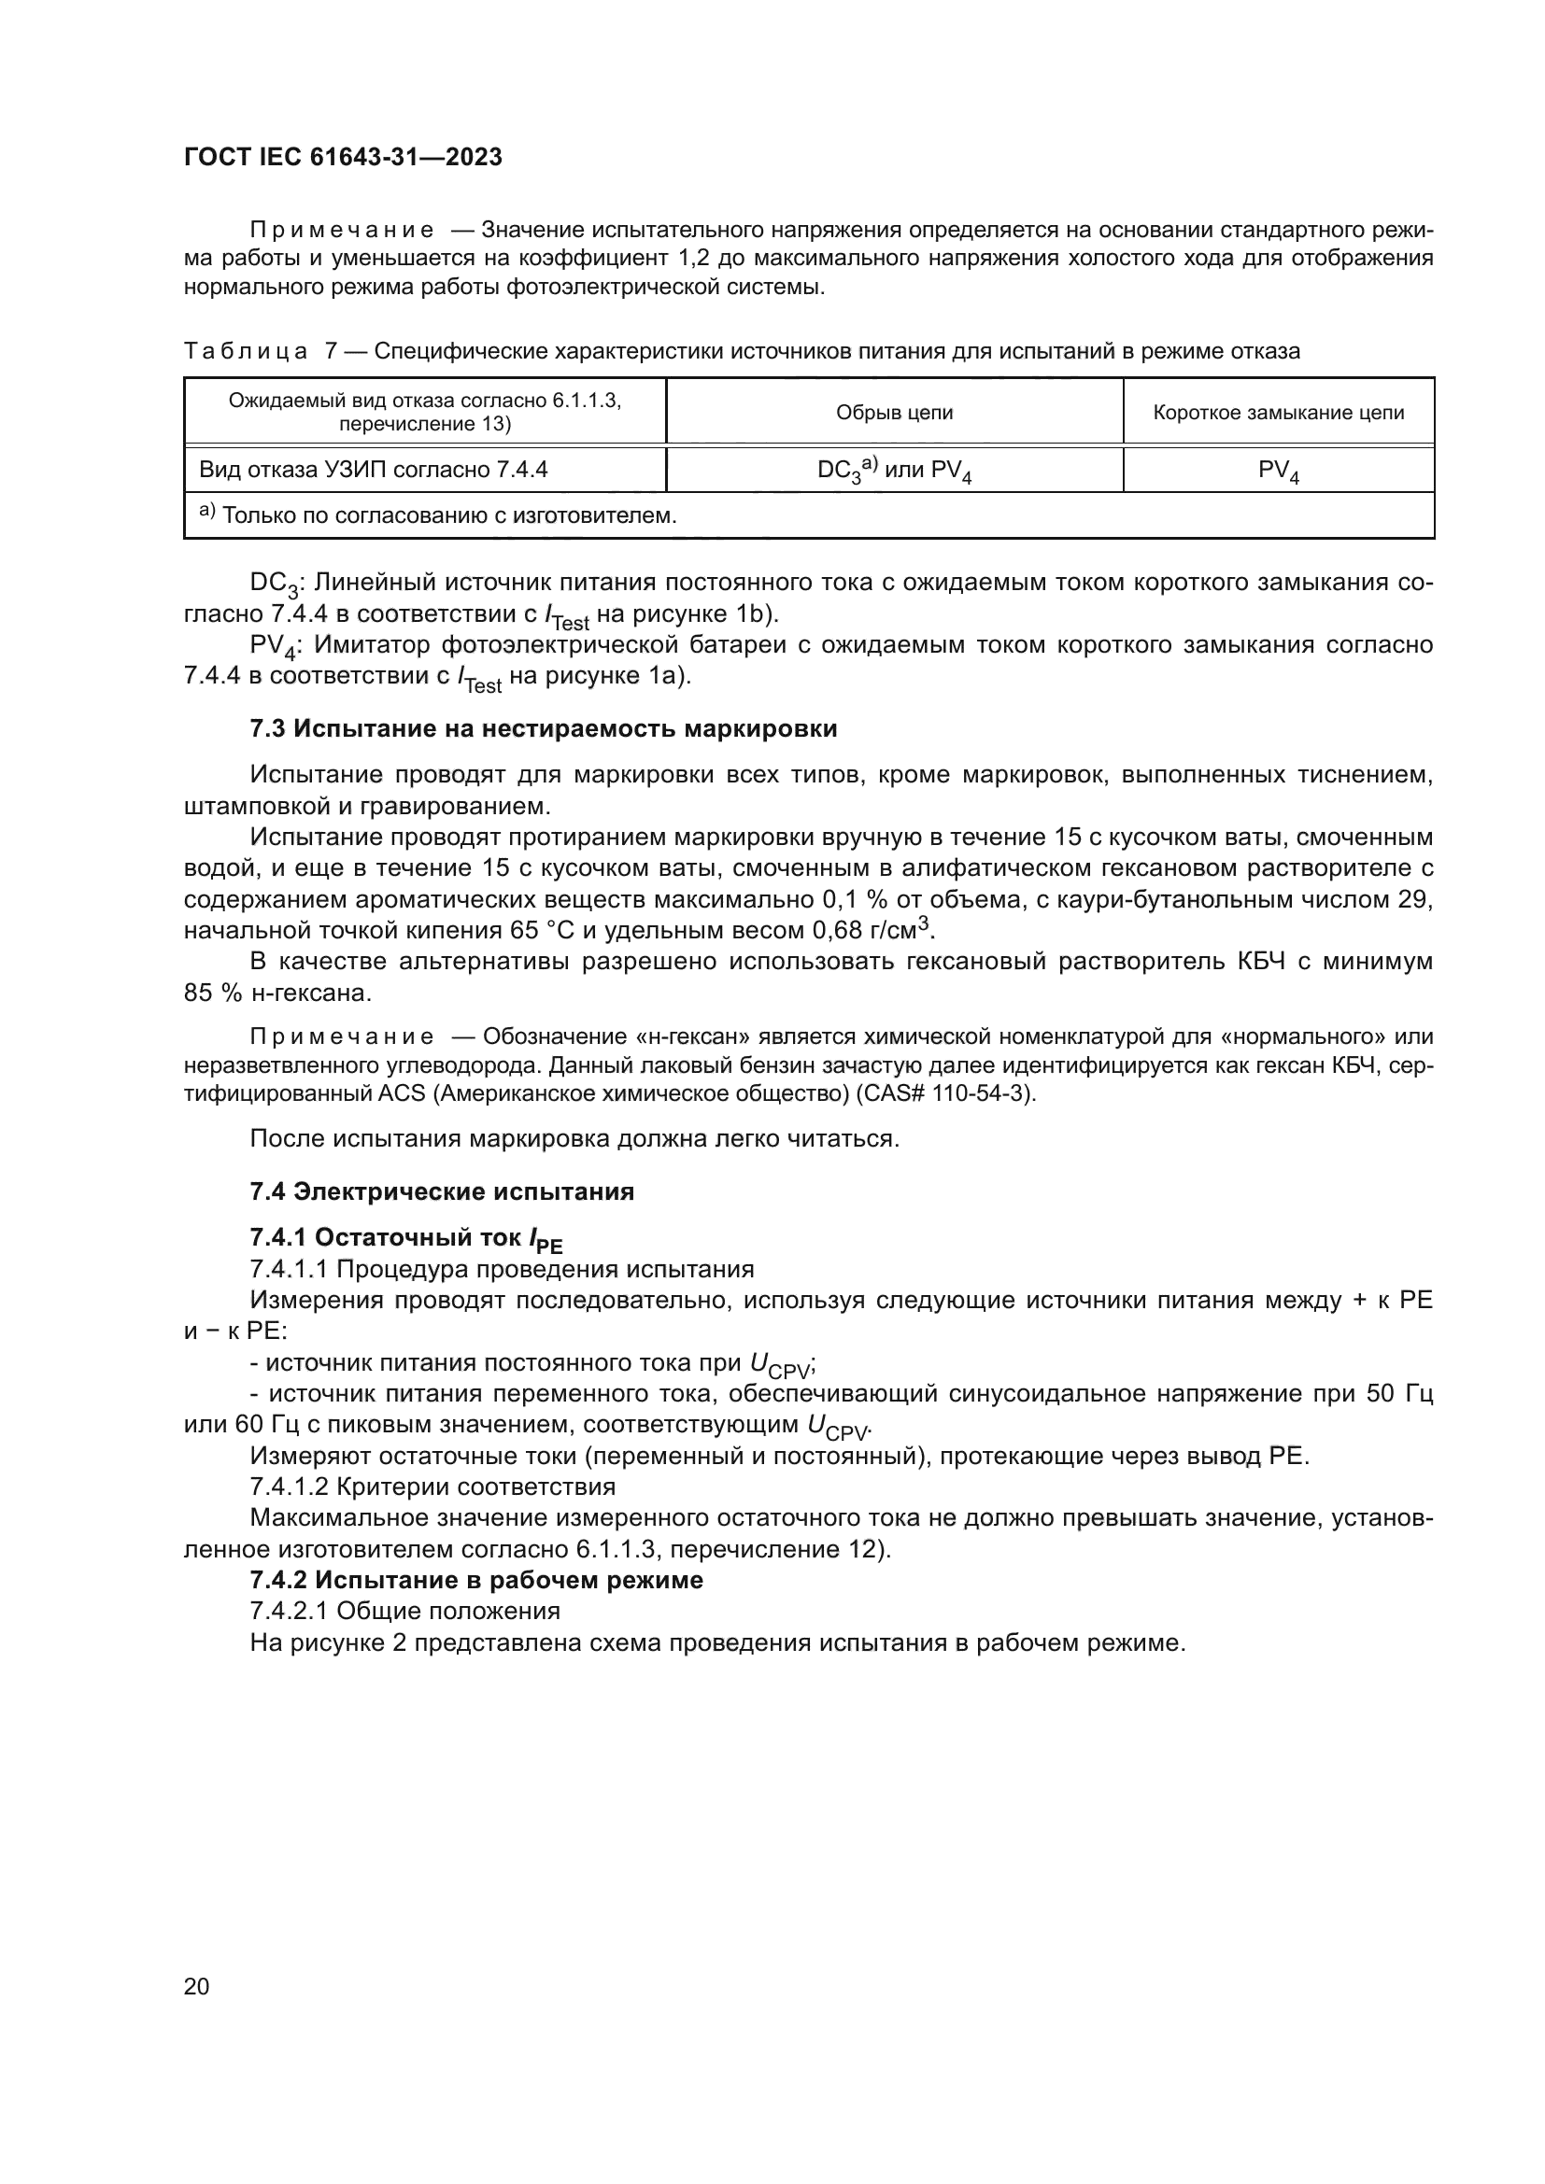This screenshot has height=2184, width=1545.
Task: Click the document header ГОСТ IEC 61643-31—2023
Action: pos(343,157)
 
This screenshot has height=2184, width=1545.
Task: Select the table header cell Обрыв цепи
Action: pos(893,412)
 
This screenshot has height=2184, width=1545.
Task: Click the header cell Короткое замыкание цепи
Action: pos(1278,412)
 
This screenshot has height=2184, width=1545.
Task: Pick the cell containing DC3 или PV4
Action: pos(893,470)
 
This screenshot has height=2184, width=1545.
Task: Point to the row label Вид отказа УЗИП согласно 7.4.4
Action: pos(373,470)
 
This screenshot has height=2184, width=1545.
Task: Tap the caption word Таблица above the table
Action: pos(245,352)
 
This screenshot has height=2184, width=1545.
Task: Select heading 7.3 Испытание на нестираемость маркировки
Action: pos(544,729)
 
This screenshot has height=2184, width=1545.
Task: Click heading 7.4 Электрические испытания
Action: pos(442,1191)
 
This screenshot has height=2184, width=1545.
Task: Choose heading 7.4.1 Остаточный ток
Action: pos(406,1237)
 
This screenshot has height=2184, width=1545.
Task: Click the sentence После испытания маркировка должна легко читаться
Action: pos(574,1138)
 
